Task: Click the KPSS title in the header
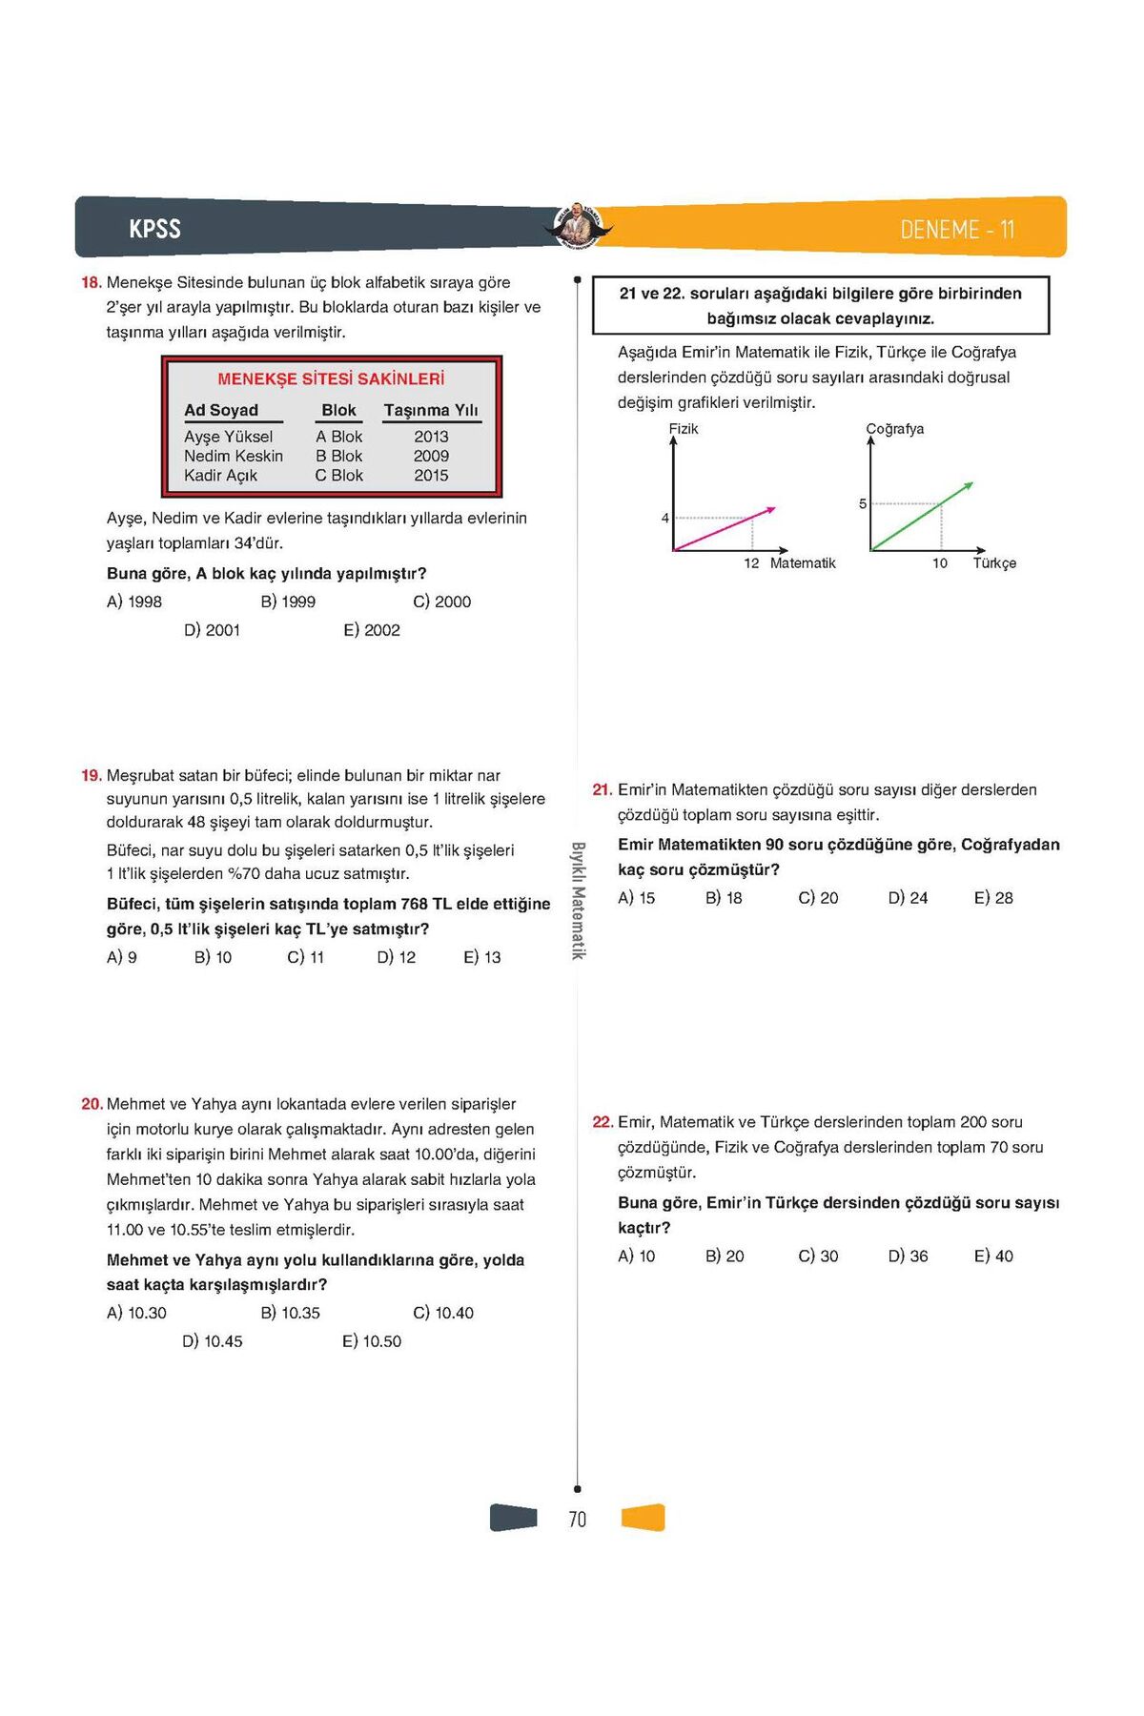[154, 229]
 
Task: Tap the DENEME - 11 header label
[957, 230]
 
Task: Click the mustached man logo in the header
[578, 227]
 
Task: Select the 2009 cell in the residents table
[431, 456]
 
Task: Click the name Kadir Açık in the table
[220, 476]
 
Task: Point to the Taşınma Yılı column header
[431, 410]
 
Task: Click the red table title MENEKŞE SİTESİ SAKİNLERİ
[331, 378]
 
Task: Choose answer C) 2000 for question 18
[442, 602]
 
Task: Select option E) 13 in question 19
[482, 957]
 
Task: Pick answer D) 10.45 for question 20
[213, 1341]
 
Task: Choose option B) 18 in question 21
[724, 898]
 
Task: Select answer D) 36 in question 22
[908, 1256]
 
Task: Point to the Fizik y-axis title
[684, 429]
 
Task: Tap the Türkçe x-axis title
[994, 563]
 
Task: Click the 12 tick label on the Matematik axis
[751, 563]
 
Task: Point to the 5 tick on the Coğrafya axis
[863, 504]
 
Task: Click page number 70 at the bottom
[578, 1520]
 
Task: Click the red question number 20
[92, 1104]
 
